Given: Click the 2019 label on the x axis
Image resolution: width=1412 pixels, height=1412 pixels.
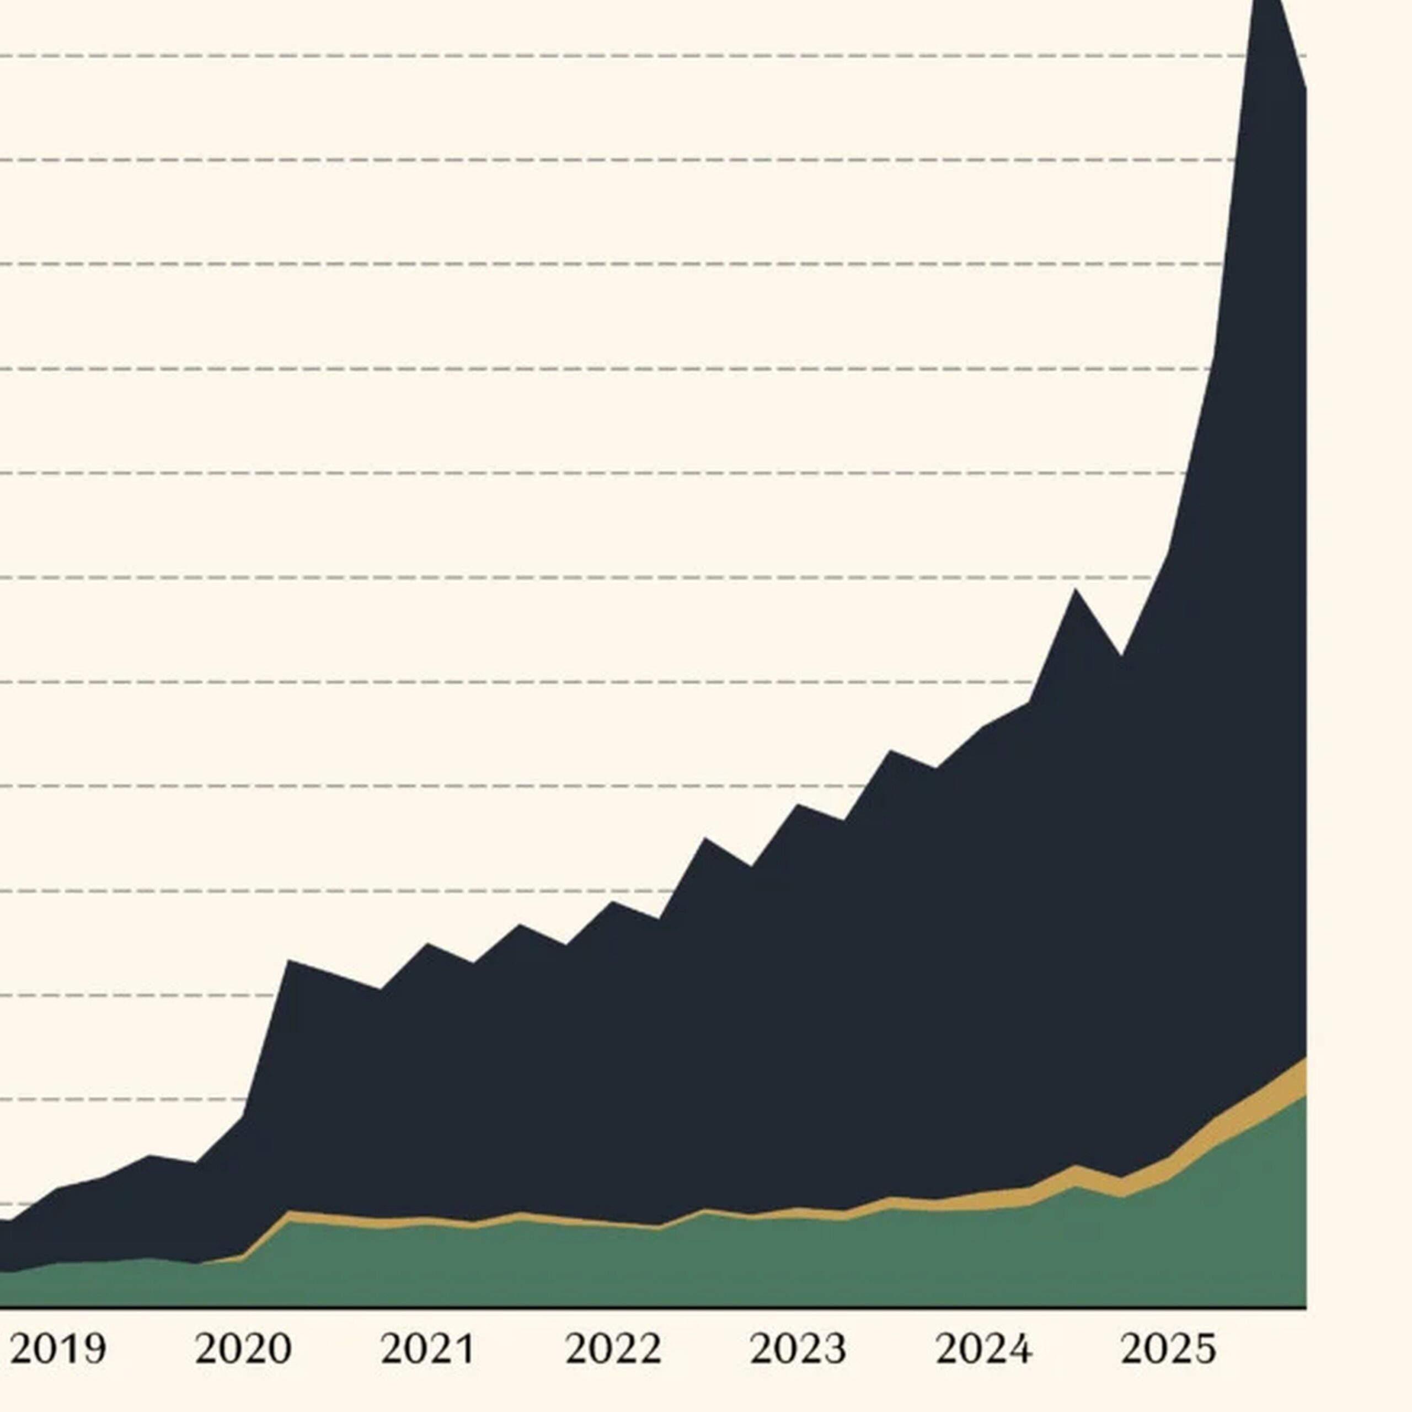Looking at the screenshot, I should pyautogui.click(x=58, y=1349).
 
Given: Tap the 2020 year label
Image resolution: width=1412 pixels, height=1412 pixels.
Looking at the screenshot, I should pyautogui.click(x=243, y=1349).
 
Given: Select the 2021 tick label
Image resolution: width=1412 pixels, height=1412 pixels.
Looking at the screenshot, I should pyautogui.click(x=428, y=1349).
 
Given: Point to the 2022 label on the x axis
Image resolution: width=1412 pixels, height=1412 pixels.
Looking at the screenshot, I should pyautogui.click(x=614, y=1349).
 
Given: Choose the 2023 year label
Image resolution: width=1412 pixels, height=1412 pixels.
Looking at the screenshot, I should pyautogui.click(x=799, y=1349).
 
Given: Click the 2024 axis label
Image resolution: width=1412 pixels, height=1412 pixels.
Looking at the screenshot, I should pyautogui.click(x=984, y=1349).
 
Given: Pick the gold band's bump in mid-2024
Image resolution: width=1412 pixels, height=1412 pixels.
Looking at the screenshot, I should pyautogui.click(x=1075, y=1169).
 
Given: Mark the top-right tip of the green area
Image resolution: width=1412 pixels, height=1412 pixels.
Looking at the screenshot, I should pyautogui.click(x=1304, y=1097).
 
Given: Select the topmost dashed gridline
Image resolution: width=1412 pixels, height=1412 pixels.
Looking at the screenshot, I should pyautogui.click(x=621, y=56).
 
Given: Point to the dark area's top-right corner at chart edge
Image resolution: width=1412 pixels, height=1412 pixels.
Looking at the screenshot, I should pyautogui.click(x=1304, y=89).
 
